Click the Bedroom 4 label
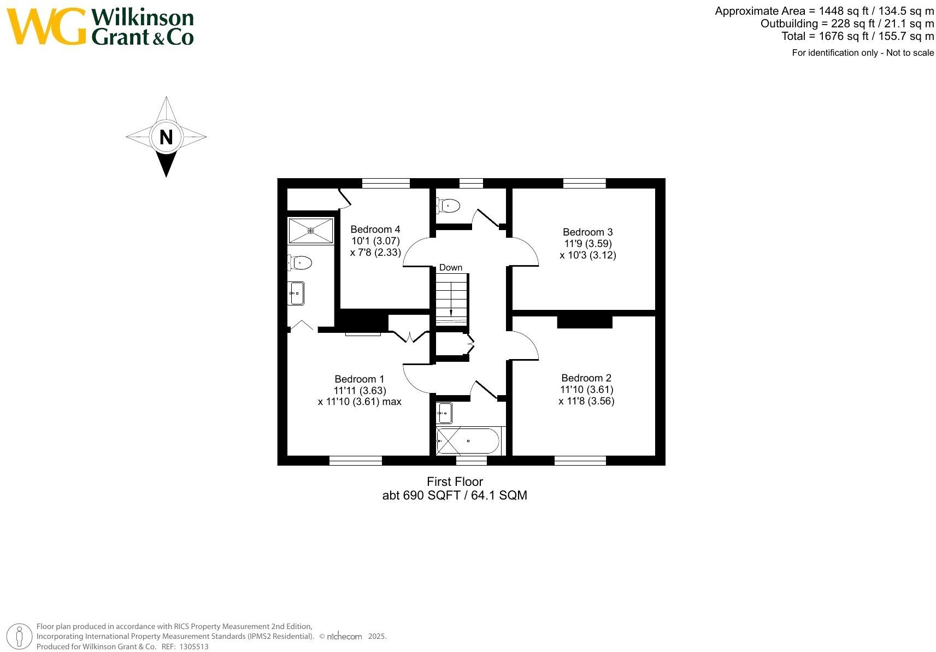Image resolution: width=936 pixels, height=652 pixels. coord(375,230)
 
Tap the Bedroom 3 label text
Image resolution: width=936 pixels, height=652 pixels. coord(587,232)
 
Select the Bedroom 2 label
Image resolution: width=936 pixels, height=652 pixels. coord(586,378)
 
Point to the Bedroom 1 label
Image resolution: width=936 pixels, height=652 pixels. coord(359,379)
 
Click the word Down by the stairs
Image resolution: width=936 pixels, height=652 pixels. coord(450,267)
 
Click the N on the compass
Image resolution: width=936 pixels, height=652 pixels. coord(166,137)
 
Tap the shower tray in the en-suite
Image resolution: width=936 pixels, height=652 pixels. coord(310,231)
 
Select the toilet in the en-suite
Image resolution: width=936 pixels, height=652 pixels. coord(300,263)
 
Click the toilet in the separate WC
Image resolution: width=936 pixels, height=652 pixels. coord(449,206)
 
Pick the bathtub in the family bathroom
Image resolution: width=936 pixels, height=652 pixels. coord(468,440)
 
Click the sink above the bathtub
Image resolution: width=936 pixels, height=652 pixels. coord(444,413)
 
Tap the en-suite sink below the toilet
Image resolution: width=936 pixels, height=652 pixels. coord(296,293)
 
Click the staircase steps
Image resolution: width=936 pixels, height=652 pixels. coord(451,299)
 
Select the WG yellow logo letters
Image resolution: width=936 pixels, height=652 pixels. coord(46,26)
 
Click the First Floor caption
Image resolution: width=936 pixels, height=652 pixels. coord(455,482)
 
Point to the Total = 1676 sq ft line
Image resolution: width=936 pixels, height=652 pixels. coord(857,37)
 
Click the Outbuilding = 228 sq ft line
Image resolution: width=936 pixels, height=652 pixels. coord(847,24)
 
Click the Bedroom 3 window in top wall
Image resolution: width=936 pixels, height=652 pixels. coord(584,183)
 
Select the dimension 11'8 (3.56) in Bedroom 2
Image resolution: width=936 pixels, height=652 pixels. coord(586,401)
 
